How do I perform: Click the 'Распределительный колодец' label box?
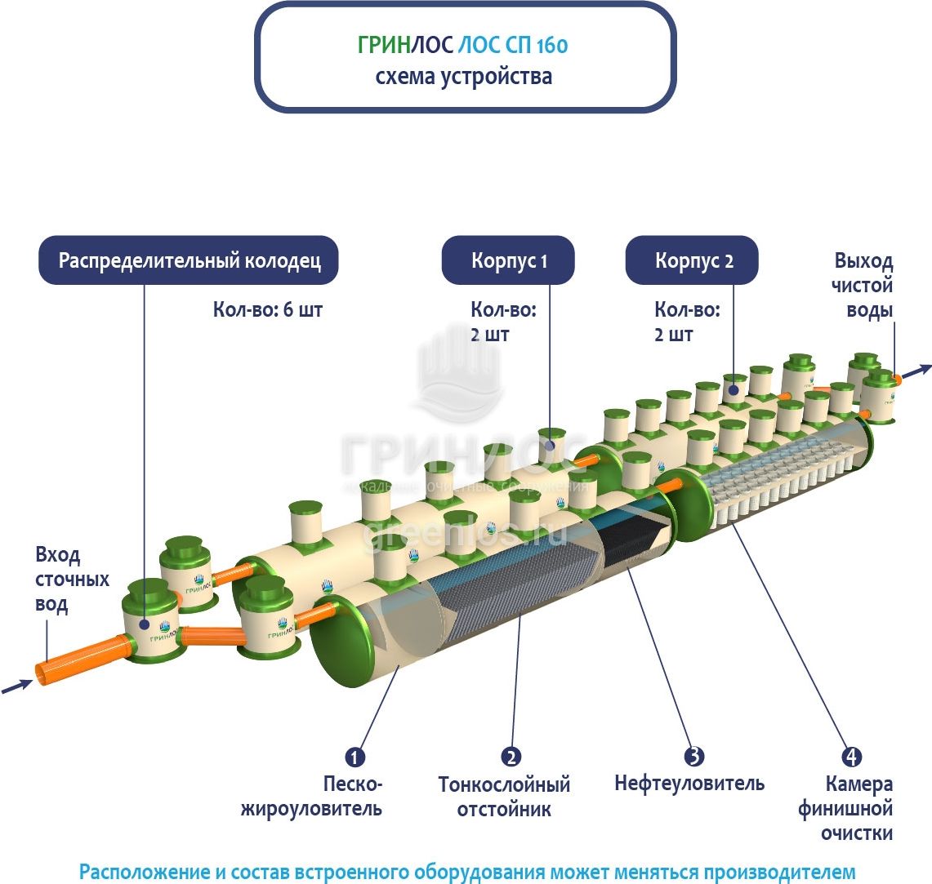[x=189, y=260]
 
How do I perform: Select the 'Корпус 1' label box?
[x=508, y=261]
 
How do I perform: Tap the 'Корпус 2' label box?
[x=693, y=261]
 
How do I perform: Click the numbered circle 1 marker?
[x=354, y=757]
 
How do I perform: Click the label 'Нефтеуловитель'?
[x=689, y=784]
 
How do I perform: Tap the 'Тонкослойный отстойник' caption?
[x=504, y=797]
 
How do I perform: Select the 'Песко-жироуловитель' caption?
[x=352, y=797]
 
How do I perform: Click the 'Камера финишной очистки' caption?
[x=858, y=809]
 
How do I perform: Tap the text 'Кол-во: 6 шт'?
[x=267, y=310]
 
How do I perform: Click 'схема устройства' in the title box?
[x=463, y=77]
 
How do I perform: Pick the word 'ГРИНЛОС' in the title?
[x=404, y=45]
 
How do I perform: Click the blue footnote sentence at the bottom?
[x=466, y=870]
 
